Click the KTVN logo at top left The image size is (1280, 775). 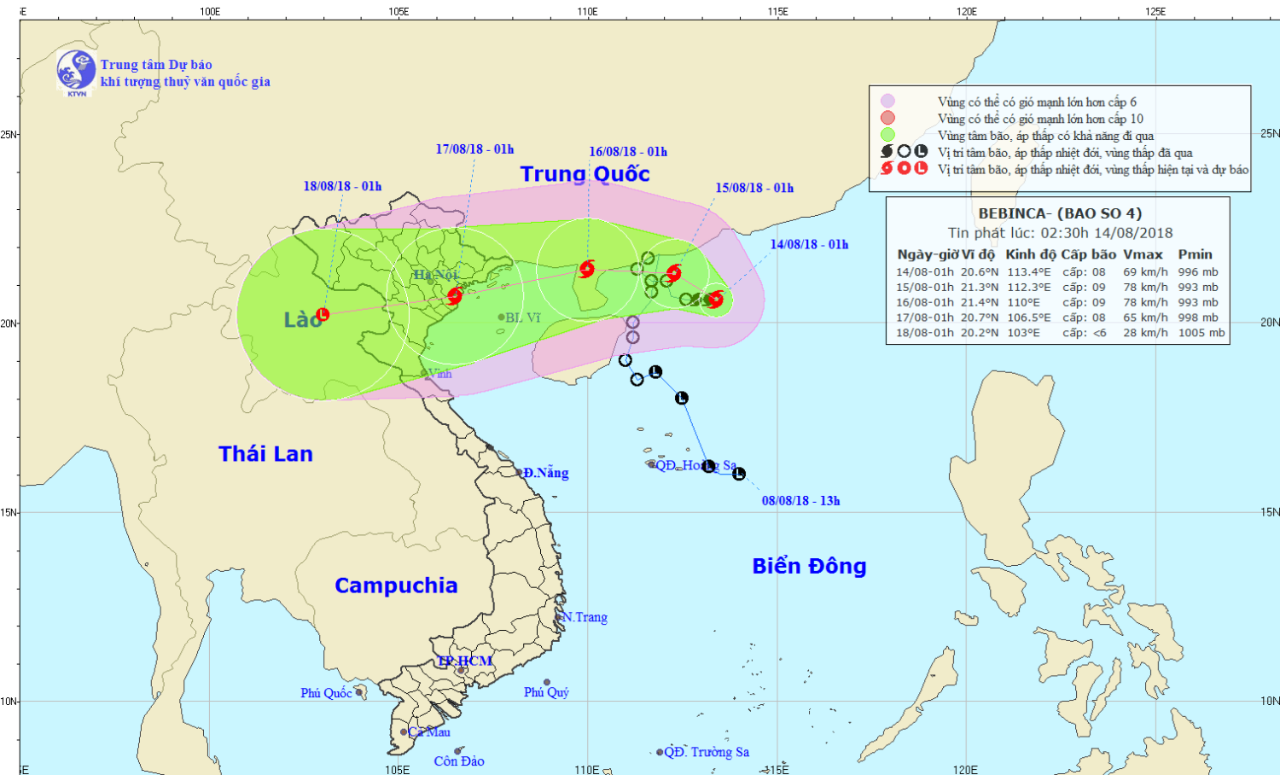tap(76, 72)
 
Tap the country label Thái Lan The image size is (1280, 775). tap(265, 454)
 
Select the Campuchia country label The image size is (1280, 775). tap(396, 586)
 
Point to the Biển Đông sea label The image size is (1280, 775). tap(809, 567)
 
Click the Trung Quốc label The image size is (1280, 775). tap(585, 174)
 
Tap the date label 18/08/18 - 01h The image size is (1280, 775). tap(342, 186)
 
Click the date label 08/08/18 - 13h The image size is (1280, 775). tap(800, 501)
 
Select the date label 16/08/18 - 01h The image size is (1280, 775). tap(628, 152)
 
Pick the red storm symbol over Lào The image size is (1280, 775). tap(323, 315)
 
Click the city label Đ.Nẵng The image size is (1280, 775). tap(545, 473)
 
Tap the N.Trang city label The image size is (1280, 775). tap(585, 617)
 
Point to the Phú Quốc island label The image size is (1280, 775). tap(326, 693)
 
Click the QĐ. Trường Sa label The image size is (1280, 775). tap(707, 752)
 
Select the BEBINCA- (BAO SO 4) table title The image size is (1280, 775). tap(1059, 213)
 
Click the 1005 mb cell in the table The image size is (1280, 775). tap(1201, 333)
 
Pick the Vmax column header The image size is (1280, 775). tap(1143, 254)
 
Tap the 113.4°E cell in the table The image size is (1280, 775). tap(1029, 272)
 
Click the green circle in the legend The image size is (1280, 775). tap(887, 135)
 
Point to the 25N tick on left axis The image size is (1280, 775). tap(9, 135)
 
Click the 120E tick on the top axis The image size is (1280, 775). tap(966, 12)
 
